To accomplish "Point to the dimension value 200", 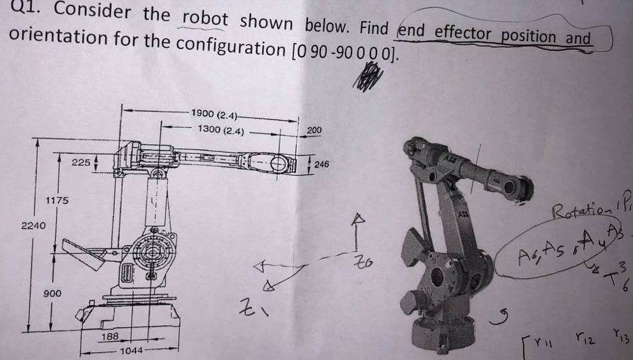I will (314, 129).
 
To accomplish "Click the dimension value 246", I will (321, 164).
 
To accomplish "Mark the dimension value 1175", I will (57, 201).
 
